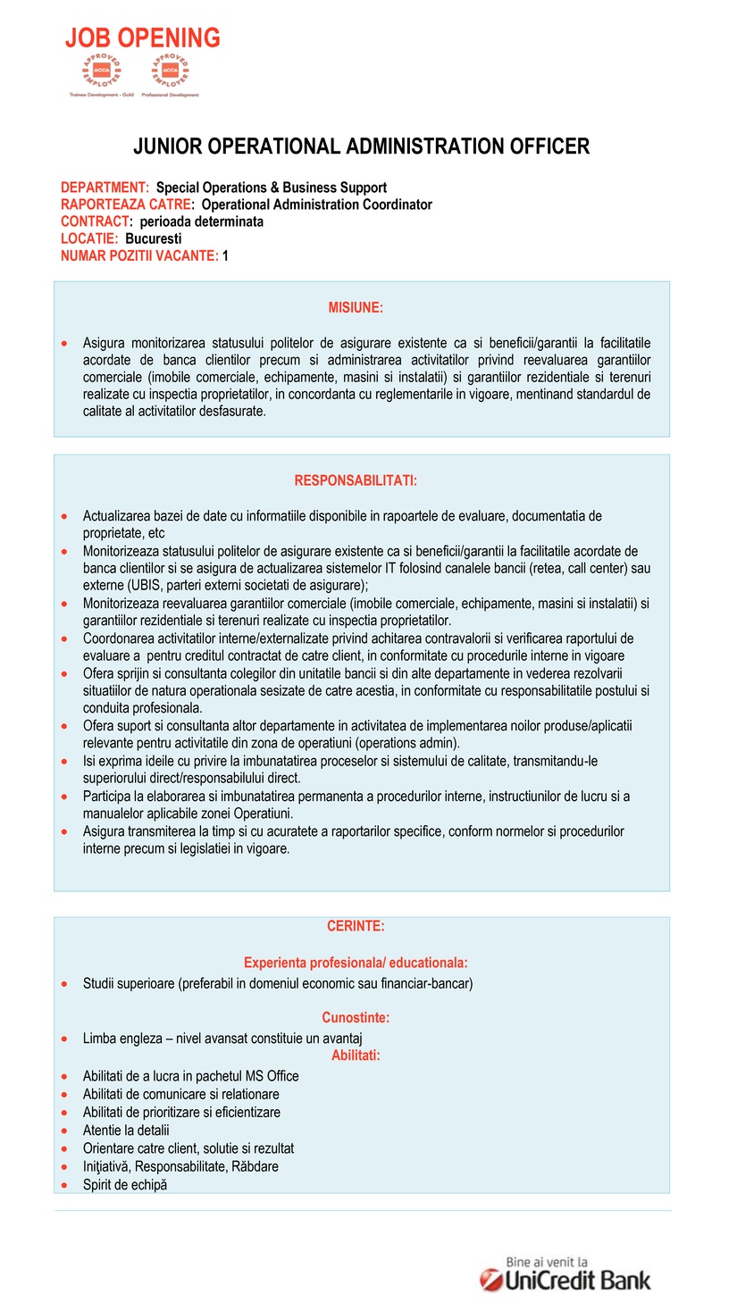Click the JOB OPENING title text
(x=142, y=38)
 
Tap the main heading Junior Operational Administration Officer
(x=361, y=146)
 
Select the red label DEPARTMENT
(x=104, y=188)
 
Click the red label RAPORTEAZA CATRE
(x=126, y=204)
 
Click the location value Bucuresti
(x=154, y=238)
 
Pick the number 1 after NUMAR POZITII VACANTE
(x=226, y=255)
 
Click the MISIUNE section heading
(x=356, y=307)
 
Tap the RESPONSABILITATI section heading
(x=356, y=480)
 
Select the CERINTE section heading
(x=356, y=926)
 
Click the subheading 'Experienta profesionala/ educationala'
(x=356, y=963)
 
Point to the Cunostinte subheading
(x=356, y=1017)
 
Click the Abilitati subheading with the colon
(x=356, y=1056)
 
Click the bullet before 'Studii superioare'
(x=64, y=984)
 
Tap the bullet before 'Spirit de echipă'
(x=64, y=1185)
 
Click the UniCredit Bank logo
(x=565, y=1280)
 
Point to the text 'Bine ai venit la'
(x=547, y=1262)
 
